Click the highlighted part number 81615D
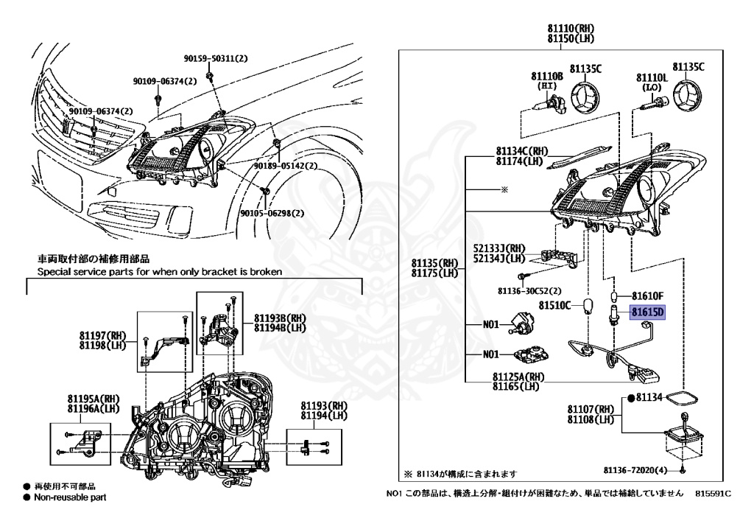click(647, 312)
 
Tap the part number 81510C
click(554, 304)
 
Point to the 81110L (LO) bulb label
click(652, 77)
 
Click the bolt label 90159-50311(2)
click(215, 58)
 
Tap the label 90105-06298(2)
click(272, 214)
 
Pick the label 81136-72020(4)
click(635, 469)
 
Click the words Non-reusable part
click(70, 497)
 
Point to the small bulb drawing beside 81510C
click(588, 307)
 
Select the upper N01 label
click(491, 324)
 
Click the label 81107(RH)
click(591, 409)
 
